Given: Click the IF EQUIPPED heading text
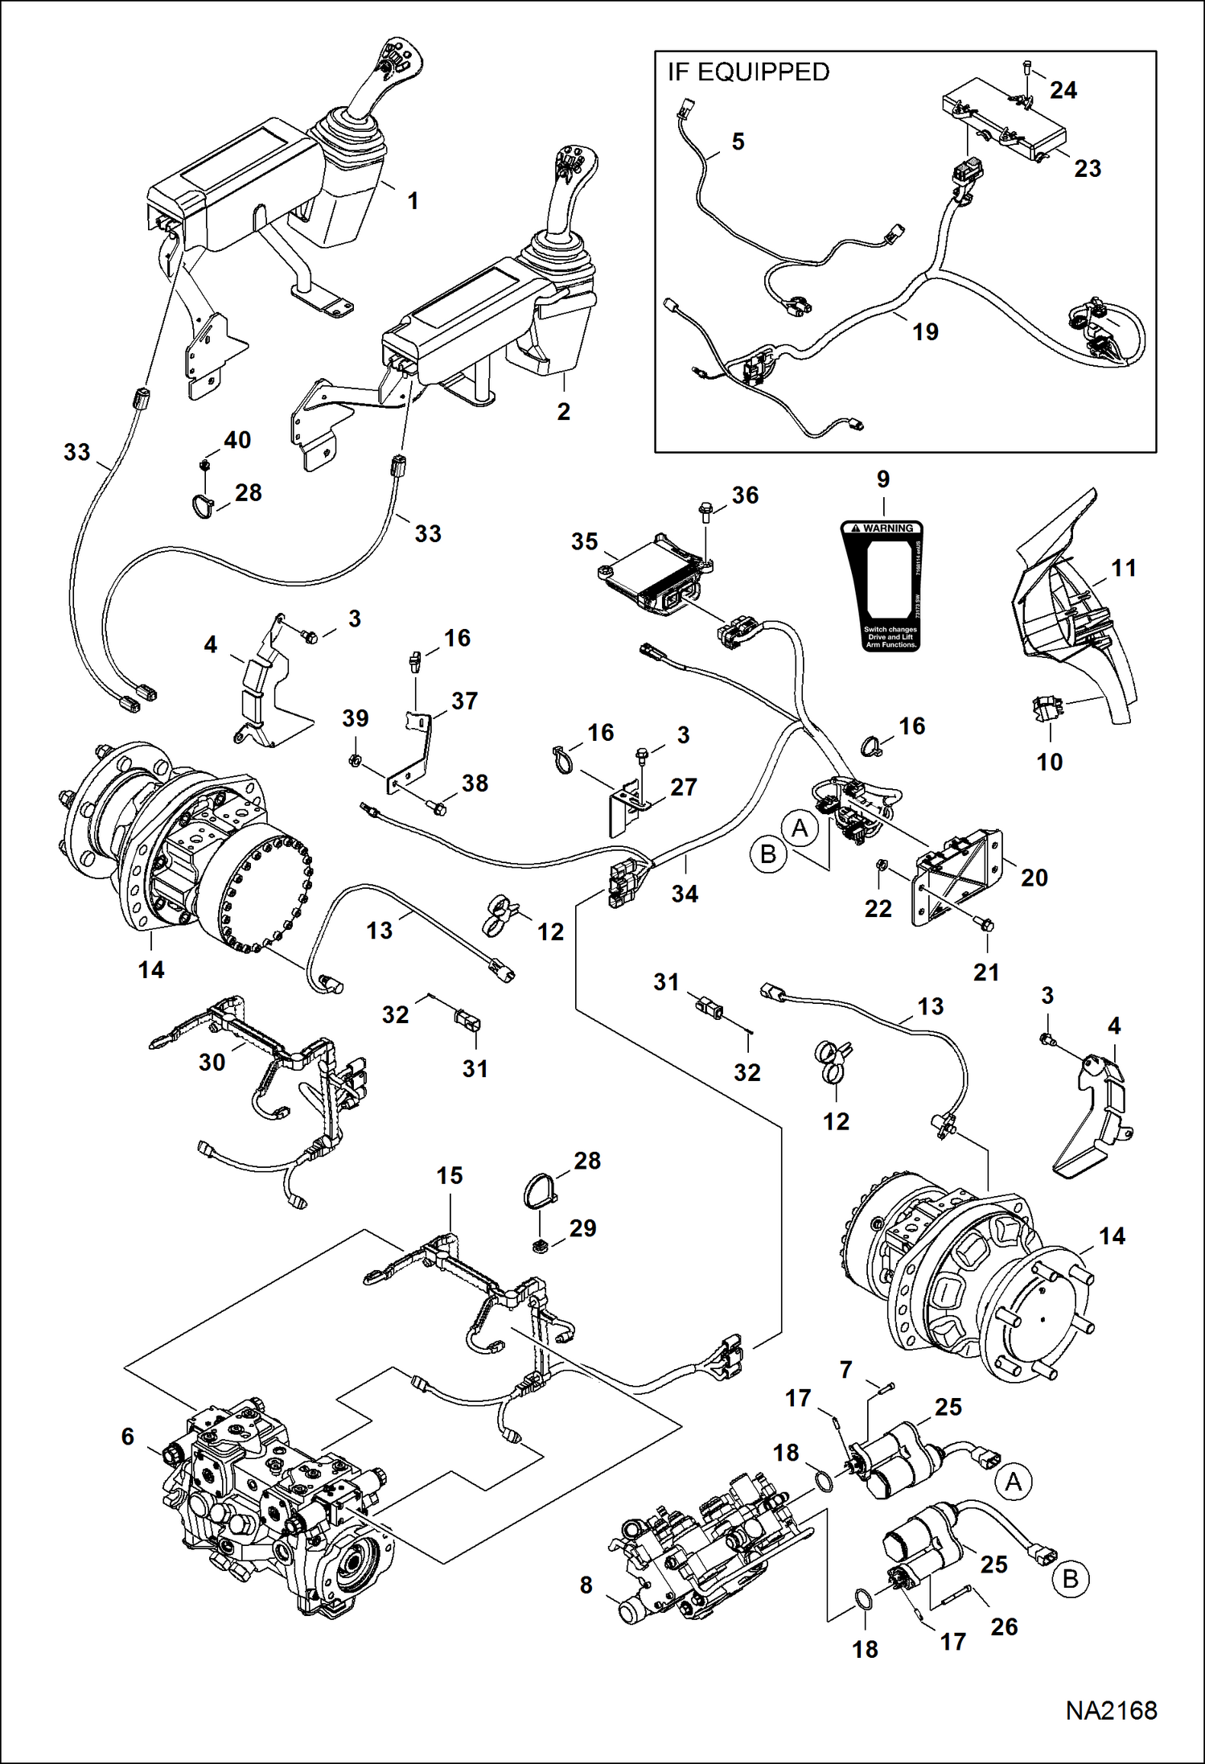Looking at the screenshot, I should (x=748, y=72).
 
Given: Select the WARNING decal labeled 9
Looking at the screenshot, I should (x=883, y=586).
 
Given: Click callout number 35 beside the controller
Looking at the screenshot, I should (x=585, y=541).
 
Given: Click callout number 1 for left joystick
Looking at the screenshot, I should (x=413, y=200).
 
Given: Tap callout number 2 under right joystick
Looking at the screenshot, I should (x=563, y=411).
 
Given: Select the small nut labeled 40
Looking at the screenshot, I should (x=204, y=465).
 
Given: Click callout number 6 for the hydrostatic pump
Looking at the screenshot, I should (x=128, y=1436).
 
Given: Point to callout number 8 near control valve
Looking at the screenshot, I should (x=586, y=1585).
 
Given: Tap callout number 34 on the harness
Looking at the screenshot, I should (x=685, y=894).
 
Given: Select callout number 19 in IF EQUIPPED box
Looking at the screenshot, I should (x=925, y=331).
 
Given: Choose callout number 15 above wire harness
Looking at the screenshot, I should (x=450, y=1175).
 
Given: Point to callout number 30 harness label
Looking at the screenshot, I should (x=212, y=1062).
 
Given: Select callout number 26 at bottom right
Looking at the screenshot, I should (x=1005, y=1626).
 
